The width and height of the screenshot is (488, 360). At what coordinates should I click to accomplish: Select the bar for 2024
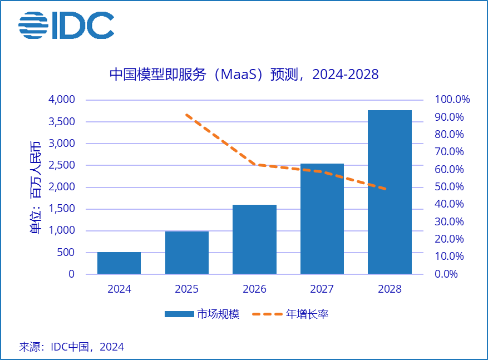(x=119, y=263)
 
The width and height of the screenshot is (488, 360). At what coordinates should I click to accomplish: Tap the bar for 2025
(x=187, y=253)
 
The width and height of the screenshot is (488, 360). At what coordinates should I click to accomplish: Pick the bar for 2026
(x=254, y=239)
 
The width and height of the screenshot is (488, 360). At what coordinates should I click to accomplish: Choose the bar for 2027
(x=322, y=219)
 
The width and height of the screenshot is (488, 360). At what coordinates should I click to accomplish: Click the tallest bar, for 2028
(x=390, y=192)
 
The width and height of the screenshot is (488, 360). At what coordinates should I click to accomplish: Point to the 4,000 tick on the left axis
(x=63, y=100)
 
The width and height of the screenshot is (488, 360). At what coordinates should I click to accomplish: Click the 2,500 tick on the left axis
(x=63, y=165)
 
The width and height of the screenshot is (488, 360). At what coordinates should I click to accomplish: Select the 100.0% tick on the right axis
(x=452, y=100)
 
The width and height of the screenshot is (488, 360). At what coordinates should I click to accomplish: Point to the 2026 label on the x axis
(x=254, y=289)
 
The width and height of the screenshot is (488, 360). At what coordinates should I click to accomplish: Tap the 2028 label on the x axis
(x=390, y=289)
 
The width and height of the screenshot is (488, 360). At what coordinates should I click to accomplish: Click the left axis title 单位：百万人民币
(x=35, y=187)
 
